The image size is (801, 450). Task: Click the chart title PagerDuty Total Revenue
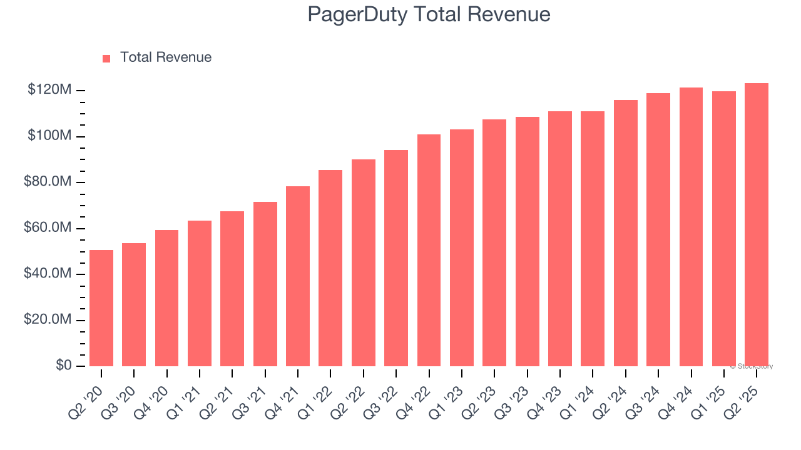(x=429, y=14)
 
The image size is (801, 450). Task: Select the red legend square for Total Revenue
(x=106, y=58)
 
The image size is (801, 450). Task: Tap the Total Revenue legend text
(x=165, y=57)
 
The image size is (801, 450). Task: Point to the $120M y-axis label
(x=49, y=90)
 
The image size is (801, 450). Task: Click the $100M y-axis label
(x=49, y=136)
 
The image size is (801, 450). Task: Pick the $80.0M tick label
(x=47, y=182)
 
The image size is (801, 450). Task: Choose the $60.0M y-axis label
(x=47, y=228)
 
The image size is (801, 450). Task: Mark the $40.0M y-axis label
(x=47, y=274)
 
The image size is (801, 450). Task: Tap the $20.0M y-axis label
(x=47, y=320)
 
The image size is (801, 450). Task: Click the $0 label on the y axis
(x=64, y=366)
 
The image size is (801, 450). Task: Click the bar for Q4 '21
(x=298, y=276)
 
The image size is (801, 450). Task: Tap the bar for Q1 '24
(x=593, y=239)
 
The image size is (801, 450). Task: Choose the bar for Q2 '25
(x=756, y=225)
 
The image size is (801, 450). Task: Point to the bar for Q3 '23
(x=527, y=241)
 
